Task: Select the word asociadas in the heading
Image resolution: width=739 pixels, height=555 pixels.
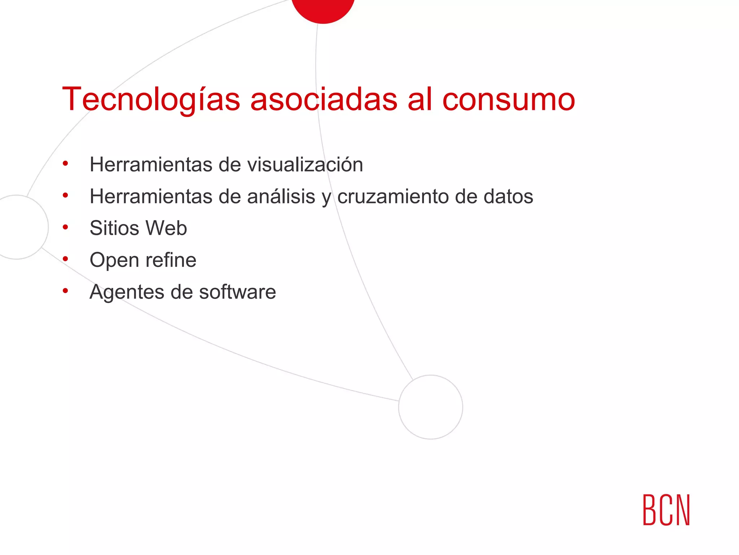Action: click(324, 99)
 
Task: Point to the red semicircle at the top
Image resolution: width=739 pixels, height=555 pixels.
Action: click(323, 9)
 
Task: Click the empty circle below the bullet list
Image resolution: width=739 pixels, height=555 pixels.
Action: click(430, 407)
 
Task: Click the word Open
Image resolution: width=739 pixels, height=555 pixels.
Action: click(114, 260)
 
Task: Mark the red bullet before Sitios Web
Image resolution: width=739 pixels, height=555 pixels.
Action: click(65, 227)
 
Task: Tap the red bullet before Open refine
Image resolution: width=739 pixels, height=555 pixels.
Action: click(65, 259)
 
